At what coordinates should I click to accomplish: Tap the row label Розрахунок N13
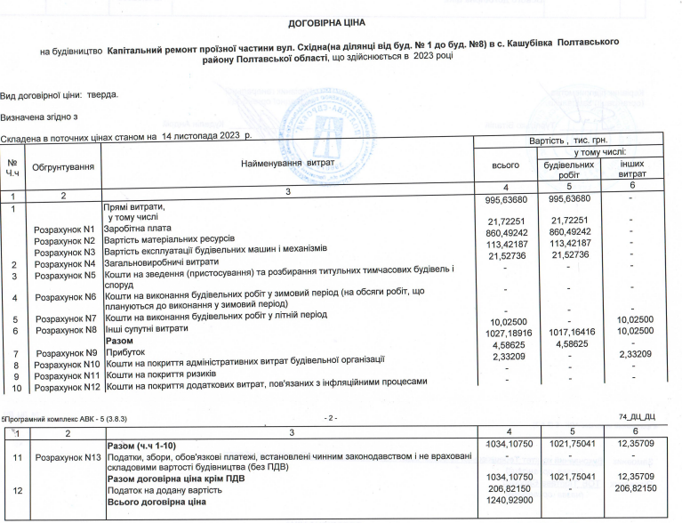[66, 457]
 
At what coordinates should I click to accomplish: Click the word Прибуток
[126, 352]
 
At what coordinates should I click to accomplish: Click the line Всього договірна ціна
[156, 503]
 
